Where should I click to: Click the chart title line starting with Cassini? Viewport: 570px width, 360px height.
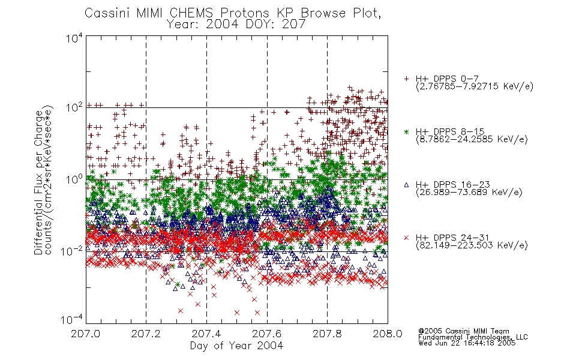pyautogui.click(x=233, y=13)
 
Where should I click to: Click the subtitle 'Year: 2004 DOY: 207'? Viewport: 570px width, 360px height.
pyautogui.click(x=236, y=25)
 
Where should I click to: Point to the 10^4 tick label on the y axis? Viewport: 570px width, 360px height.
pyautogui.click(x=74, y=38)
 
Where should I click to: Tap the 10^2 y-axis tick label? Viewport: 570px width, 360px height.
pyautogui.click(x=74, y=108)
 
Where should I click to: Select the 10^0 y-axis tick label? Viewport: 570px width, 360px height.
pyautogui.click(x=74, y=179)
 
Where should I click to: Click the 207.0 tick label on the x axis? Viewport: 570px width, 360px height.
pyautogui.click(x=86, y=334)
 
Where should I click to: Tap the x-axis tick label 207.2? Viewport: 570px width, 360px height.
pyautogui.click(x=146, y=334)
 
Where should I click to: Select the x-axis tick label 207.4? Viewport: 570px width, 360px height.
pyautogui.click(x=206, y=334)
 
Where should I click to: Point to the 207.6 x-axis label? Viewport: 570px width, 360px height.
pyautogui.click(x=267, y=334)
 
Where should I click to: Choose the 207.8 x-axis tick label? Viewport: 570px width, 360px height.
pyautogui.click(x=327, y=334)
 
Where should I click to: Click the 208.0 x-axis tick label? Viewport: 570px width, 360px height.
pyautogui.click(x=388, y=334)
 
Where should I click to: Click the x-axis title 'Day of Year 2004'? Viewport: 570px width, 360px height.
pyautogui.click(x=236, y=346)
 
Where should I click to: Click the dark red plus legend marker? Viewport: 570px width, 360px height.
pyautogui.click(x=406, y=79)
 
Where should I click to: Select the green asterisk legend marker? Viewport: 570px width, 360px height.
pyautogui.click(x=406, y=132)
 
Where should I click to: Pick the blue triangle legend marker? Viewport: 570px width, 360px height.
pyautogui.click(x=406, y=185)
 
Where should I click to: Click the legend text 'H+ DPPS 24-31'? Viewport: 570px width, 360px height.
pyautogui.click(x=452, y=238)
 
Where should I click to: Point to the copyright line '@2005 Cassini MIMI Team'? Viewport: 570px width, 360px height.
pyautogui.click(x=463, y=331)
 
